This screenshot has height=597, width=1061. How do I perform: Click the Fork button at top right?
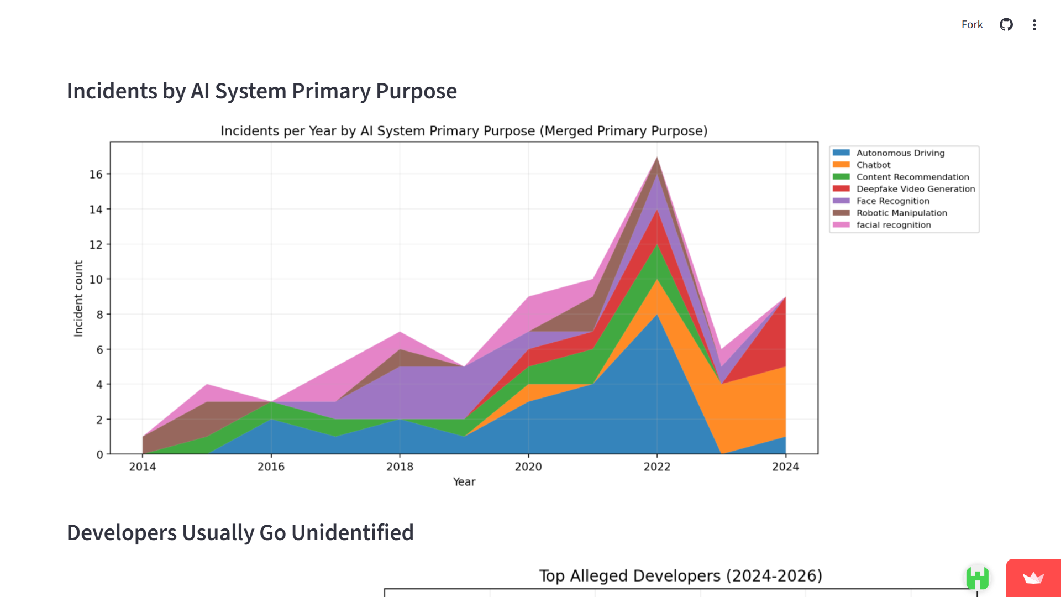[971, 25]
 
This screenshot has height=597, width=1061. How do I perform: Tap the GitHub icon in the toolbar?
[1006, 25]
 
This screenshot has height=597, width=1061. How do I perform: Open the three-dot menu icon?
[1034, 25]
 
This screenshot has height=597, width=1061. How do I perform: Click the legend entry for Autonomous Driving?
[900, 153]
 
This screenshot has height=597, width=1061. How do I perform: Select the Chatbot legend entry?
[873, 165]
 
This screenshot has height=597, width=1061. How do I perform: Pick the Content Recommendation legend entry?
[912, 177]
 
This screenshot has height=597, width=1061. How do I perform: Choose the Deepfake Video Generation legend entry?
[915, 189]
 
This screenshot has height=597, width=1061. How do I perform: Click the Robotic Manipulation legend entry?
[901, 213]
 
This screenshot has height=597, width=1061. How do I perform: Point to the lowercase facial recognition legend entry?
[893, 225]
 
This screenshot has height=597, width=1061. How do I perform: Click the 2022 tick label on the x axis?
[656, 467]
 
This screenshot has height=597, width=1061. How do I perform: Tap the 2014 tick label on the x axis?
[143, 467]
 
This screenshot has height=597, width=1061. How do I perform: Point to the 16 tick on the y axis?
[96, 175]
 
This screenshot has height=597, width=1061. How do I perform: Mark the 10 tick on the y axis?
[96, 280]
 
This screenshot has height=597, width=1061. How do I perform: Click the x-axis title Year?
[464, 482]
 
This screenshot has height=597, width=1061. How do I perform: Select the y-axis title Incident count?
[78, 298]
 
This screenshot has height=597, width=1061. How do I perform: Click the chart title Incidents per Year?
[464, 131]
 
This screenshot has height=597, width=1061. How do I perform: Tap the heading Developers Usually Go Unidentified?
[240, 533]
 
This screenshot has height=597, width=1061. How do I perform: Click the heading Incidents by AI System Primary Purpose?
[261, 91]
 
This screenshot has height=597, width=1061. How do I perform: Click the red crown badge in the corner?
[1033, 578]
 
